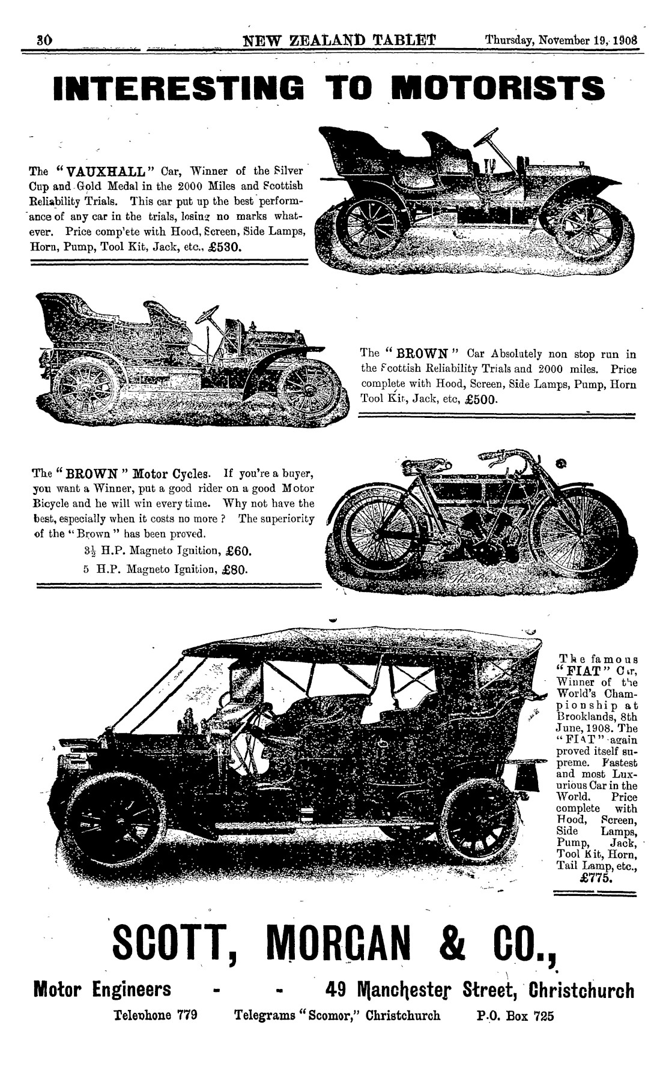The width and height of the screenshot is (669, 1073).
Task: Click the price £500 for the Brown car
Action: coord(478,399)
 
